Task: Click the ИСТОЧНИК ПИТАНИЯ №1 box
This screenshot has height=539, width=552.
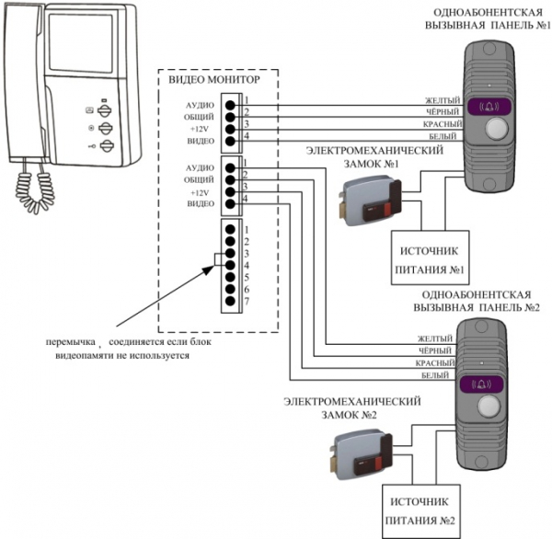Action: click(431, 258)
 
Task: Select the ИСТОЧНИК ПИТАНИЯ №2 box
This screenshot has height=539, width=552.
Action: click(421, 511)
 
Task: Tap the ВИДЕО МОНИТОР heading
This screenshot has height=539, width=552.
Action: click(214, 80)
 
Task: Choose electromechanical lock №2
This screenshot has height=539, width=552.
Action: click(361, 455)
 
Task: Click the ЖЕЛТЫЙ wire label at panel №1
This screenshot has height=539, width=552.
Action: click(443, 100)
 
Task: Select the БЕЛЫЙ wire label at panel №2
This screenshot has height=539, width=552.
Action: click(435, 375)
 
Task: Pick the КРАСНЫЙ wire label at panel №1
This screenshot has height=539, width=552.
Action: click(443, 124)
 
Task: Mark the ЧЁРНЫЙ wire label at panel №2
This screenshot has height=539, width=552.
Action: click(435, 350)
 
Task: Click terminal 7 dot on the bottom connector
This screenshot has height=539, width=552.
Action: click(230, 301)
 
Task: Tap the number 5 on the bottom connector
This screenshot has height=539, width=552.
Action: click(247, 277)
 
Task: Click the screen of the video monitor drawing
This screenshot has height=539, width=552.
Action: click(81, 43)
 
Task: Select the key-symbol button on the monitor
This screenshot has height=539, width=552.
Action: click(107, 145)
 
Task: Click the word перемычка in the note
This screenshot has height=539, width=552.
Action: click(71, 342)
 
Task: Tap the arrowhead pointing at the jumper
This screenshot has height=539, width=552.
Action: click(210, 269)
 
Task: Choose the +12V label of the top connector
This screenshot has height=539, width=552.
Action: click(200, 129)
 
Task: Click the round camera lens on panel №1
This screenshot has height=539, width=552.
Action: click(497, 128)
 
